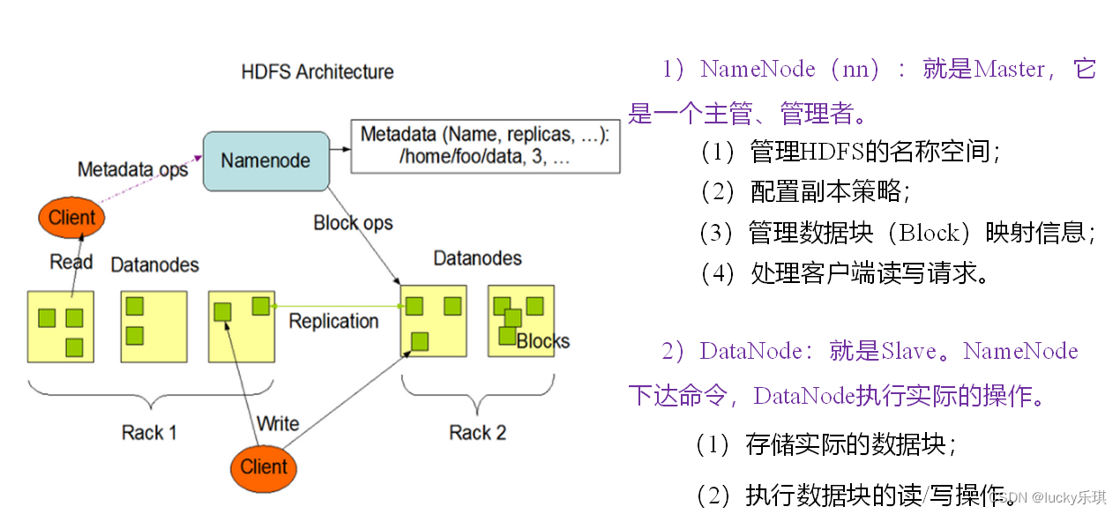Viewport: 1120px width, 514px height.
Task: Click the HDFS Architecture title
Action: tap(317, 72)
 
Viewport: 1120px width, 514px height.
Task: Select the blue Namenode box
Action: tap(265, 160)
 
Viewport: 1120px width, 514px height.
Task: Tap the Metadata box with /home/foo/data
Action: tap(485, 146)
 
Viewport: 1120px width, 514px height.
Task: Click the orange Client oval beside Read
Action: tap(71, 218)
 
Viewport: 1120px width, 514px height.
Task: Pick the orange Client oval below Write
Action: tap(264, 467)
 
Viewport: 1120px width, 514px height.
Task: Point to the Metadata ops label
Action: tap(132, 169)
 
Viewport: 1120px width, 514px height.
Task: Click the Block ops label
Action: tap(353, 223)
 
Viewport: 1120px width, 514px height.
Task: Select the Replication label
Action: tap(333, 322)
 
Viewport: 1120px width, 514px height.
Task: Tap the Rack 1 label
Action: tap(149, 433)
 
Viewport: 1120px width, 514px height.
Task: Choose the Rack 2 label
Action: tap(477, 433)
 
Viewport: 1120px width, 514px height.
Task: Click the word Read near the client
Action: tap(71, 262)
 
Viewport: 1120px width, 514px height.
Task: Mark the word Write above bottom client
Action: tap(278, 424)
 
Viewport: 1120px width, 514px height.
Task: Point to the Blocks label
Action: tap(543, 341)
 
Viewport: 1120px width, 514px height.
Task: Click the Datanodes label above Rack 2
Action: tap(477, 258)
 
